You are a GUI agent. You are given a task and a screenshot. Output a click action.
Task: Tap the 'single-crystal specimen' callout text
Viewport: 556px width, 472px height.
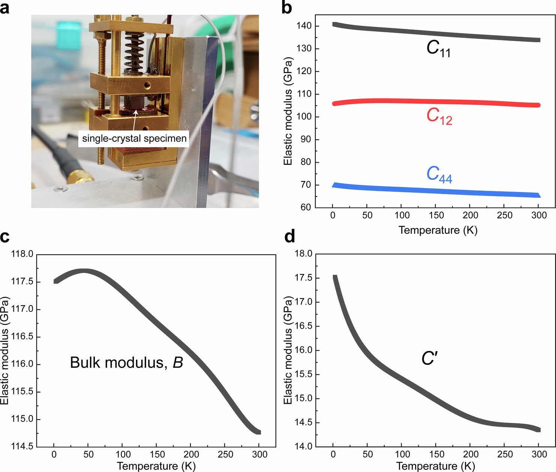[134, 138]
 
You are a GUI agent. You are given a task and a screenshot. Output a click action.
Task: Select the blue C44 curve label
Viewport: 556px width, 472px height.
[439, 174]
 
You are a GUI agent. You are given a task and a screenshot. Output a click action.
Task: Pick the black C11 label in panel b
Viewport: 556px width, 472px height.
[438, 48]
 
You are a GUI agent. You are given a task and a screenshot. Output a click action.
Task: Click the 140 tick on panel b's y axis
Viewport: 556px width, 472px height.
[304, 26]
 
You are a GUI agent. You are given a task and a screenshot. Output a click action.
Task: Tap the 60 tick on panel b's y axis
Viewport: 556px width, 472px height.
[306, 207]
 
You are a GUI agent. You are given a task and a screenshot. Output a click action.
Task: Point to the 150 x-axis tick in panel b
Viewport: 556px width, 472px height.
[436, 215]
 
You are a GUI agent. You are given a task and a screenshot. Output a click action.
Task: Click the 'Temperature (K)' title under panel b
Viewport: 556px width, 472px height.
[438, 230]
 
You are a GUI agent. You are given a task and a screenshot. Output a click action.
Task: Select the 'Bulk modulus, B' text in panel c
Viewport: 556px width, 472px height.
[126, 363]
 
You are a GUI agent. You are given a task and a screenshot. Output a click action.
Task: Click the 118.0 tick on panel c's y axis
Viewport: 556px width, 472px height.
[22, 254]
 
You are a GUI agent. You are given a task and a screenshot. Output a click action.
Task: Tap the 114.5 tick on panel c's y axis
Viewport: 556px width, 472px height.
[22, 446]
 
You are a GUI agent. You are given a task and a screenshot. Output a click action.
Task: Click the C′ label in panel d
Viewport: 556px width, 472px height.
[429, 358]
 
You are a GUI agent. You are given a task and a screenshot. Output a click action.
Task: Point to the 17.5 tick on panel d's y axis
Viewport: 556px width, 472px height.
[303, 278]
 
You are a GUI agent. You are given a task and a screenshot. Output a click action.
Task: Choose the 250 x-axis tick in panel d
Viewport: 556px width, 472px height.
[505, 454]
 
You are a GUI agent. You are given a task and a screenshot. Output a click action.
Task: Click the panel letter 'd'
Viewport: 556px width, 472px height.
[289, 237]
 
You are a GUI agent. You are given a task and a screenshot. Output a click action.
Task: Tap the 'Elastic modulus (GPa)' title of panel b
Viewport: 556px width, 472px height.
[288, 111]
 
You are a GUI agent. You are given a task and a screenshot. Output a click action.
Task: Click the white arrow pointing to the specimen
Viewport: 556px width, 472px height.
[135, 120]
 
